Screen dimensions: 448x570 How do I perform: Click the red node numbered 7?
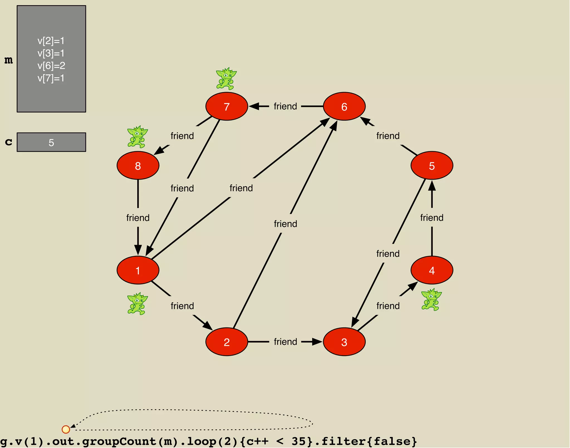227,106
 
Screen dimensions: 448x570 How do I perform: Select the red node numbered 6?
344,106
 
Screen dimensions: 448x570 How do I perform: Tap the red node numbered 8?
138,166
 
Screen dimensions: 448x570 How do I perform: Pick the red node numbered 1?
138,270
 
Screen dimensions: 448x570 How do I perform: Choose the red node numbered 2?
227,342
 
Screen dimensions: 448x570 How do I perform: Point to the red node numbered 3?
344,342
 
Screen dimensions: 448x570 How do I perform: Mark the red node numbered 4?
432,270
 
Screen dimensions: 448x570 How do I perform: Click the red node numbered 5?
432,166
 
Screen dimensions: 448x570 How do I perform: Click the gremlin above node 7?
226,79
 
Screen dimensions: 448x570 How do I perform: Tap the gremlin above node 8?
137,137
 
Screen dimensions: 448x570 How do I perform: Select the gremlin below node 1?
137,303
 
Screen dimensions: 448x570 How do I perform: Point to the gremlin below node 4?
431,300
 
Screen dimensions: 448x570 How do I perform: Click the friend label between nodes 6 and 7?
285,106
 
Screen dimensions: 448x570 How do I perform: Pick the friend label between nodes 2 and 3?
285,342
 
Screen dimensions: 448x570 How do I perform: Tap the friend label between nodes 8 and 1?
138,218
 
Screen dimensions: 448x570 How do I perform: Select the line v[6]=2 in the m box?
51,66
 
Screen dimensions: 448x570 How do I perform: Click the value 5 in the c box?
51,143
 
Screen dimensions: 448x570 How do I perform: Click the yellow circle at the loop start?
66,429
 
